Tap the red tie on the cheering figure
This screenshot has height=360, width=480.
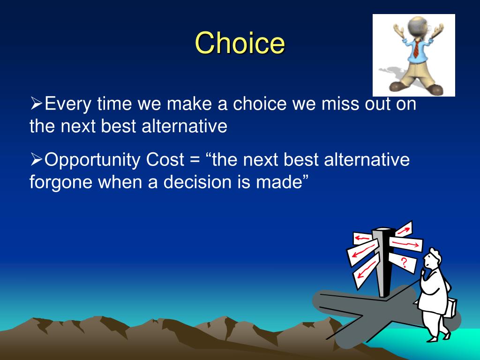[x=416, y=49]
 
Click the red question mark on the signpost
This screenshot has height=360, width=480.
[x=404, y=262]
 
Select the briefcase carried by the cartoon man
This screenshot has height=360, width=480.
[x=450, y=307]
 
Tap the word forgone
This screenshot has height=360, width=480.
[x=61, y=183]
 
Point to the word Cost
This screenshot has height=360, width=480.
[x=165, y=159]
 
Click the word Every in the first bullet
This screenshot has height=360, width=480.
[x=67, y=104]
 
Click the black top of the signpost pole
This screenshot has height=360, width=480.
[x=382, y=230]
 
